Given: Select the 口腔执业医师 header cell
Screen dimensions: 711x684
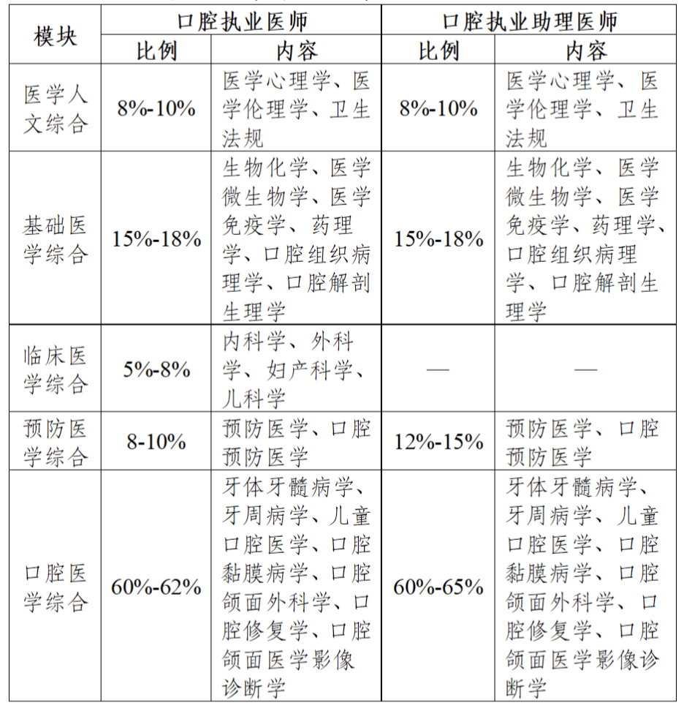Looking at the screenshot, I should pos(242,20).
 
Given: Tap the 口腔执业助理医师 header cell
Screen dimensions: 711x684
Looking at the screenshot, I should pos(530,20).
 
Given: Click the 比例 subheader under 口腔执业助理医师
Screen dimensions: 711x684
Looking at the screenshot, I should pos(438,50).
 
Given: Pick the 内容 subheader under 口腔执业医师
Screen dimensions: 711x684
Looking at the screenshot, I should pos(297,50).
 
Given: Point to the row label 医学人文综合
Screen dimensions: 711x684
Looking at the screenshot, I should pos(56,108).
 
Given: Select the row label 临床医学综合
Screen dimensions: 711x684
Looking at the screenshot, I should pos(56,369).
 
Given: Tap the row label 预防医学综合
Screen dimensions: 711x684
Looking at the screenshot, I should pos(56,442).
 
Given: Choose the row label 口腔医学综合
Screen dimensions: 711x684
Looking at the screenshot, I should pos(56,587).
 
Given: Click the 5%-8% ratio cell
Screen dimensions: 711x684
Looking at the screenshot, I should pos(156,369).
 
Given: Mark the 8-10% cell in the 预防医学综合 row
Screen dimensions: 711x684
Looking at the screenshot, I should pos(156,442).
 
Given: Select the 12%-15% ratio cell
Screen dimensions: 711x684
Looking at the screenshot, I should pos(438,442).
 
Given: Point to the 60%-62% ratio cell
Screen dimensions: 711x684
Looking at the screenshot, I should pos(156,587).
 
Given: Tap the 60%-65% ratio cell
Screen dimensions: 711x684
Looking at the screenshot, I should pos(438,587).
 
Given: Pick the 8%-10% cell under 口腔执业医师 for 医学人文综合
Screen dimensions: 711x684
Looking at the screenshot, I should pos(156,108).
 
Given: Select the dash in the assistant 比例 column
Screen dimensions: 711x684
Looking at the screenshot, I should pos(438,369).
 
